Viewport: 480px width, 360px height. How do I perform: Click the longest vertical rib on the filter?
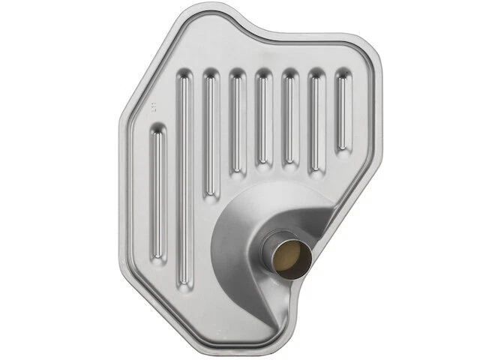coord(182,180)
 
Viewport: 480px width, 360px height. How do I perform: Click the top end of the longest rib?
coord(182,79)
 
